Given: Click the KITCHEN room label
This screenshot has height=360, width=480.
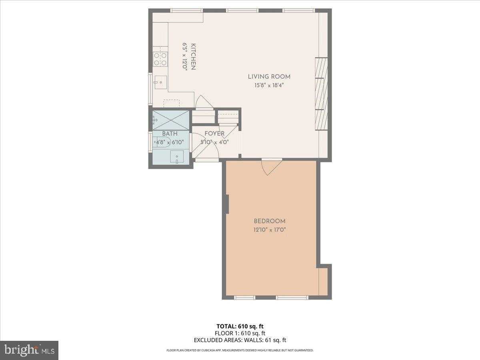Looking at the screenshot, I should click(x=193, y=56).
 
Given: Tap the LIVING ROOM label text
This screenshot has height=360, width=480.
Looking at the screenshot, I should click(x=269, y=77).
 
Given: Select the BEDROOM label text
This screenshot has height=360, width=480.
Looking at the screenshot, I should click(x=270, y=221).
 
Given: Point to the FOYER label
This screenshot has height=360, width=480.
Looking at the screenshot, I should click(x=214, y=134).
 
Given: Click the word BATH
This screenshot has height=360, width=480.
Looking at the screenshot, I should click(x=170, y=134).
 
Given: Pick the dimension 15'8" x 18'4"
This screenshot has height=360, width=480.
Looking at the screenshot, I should click(x=269, y=85).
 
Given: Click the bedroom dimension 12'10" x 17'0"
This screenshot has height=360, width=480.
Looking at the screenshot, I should click(x=270, y=230).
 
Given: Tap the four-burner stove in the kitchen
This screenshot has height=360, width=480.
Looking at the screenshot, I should click(x=160, y=59).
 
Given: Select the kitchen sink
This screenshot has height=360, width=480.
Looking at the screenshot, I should click(x=160, y=83).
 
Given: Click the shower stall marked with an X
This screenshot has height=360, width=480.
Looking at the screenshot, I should click(x=171, y=120).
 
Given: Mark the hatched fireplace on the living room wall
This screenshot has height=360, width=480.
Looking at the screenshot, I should click(x=321, y=94).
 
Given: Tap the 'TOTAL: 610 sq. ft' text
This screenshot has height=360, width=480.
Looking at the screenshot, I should click(x=240, y=326).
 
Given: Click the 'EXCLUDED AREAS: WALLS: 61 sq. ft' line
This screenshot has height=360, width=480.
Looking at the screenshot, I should click(x=240, y=340).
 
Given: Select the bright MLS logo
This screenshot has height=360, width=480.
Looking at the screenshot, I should click(x=29, y=350).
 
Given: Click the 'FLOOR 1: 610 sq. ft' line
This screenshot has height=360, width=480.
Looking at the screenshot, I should click(x=240, y=333).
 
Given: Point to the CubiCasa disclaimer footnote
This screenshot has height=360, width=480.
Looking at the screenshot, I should click(x=240, y=350).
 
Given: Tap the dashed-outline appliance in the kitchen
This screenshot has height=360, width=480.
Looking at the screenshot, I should click(x=172, y=104).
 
